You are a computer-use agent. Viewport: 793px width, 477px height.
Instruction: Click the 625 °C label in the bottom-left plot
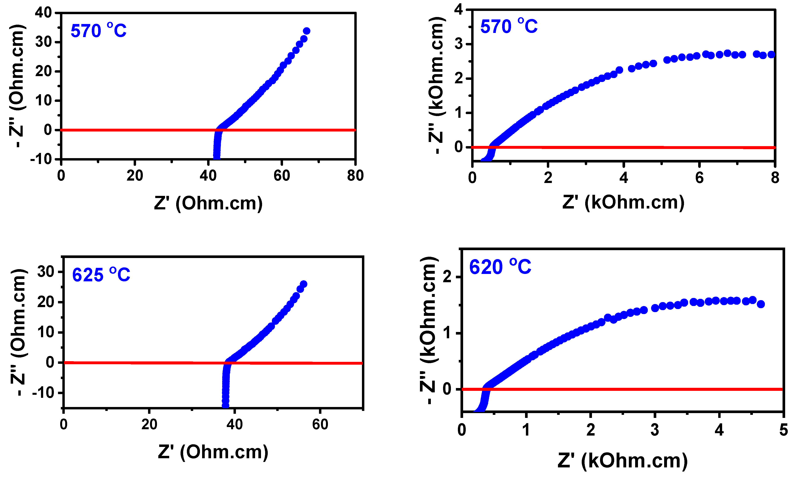pos(101,275)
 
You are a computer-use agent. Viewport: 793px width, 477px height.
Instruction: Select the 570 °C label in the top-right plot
pos(509,26)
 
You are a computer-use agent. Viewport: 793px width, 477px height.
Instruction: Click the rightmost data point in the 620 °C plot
pos(761,304)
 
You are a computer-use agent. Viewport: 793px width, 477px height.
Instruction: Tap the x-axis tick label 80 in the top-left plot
pos(355,176)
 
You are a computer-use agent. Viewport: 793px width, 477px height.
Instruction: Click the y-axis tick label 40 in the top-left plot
pos(43,13)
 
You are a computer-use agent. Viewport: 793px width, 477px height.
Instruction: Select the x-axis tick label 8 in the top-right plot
pos(775,178)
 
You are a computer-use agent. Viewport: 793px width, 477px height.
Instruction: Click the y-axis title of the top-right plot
pos(437,85)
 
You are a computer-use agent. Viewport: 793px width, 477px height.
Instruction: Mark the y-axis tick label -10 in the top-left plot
pos(41,159)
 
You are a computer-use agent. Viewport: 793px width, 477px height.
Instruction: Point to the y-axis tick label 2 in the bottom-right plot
pos(447,277)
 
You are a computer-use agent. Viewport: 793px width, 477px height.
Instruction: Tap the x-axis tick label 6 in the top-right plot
pos(699,178)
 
